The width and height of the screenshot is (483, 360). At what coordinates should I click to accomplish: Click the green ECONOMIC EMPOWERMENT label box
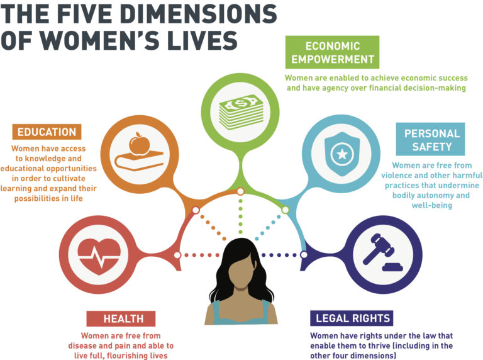coord(332,52)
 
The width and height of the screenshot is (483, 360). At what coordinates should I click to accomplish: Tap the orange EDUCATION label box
coord(47,132)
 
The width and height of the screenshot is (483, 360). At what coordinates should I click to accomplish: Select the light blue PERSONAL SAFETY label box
coord(431,140)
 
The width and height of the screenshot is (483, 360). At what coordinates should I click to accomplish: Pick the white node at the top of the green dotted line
coord(240,191)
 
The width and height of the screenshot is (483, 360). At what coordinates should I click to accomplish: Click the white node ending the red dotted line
coord(177,255)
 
